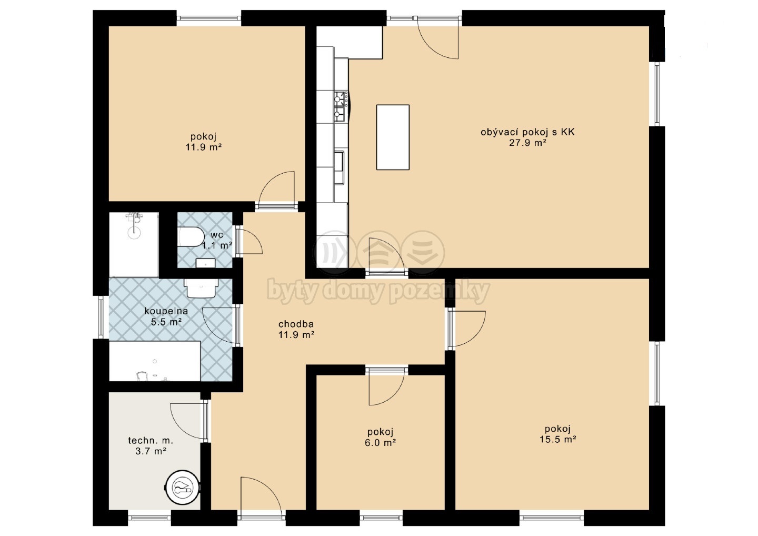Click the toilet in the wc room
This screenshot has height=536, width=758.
pos(190,236)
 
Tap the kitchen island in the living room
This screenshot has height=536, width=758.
pos(393,137)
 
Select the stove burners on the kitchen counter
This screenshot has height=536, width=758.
pos(341,104)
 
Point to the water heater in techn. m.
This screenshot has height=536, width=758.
pos(182,488)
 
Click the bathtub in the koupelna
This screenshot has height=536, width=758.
pos(155,361)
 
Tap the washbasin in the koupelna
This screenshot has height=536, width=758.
pos(201,288)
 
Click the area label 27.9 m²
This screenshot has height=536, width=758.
pos(527,143)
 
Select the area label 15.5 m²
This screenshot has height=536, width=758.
pos(557,439)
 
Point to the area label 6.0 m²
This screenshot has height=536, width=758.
pos(381,442)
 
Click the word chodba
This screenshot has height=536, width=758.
pos(296,324)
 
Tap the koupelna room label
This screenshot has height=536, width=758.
pos(166,311)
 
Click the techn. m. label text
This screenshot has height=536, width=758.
pos(151,440)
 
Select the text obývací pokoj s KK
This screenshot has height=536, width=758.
pos(527,132)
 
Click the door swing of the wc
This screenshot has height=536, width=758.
pos(250,242)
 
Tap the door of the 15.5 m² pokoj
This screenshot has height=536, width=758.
pos(467,329)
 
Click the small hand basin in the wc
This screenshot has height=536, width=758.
pos(206,263)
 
